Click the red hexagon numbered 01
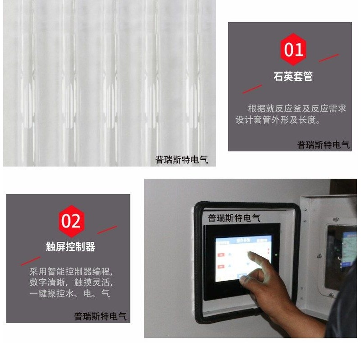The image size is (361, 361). point(293,49)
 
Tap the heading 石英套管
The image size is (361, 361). point(293,77)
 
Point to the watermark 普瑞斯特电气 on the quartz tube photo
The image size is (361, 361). point(181,159)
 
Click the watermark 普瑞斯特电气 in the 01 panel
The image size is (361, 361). point(323,145)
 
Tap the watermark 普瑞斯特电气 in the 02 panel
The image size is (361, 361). point(100,316)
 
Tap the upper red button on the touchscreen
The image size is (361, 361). point(222,255)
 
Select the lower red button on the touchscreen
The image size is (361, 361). point(222,267)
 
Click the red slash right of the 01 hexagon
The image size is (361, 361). point(329,58)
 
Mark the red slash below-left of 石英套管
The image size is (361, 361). point(252,89)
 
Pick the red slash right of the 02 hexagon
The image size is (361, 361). point(107,230)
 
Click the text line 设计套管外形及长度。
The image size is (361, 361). point(278,120)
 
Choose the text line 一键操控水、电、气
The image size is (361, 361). point(69,294)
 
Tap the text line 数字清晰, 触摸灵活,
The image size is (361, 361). point(71,283)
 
